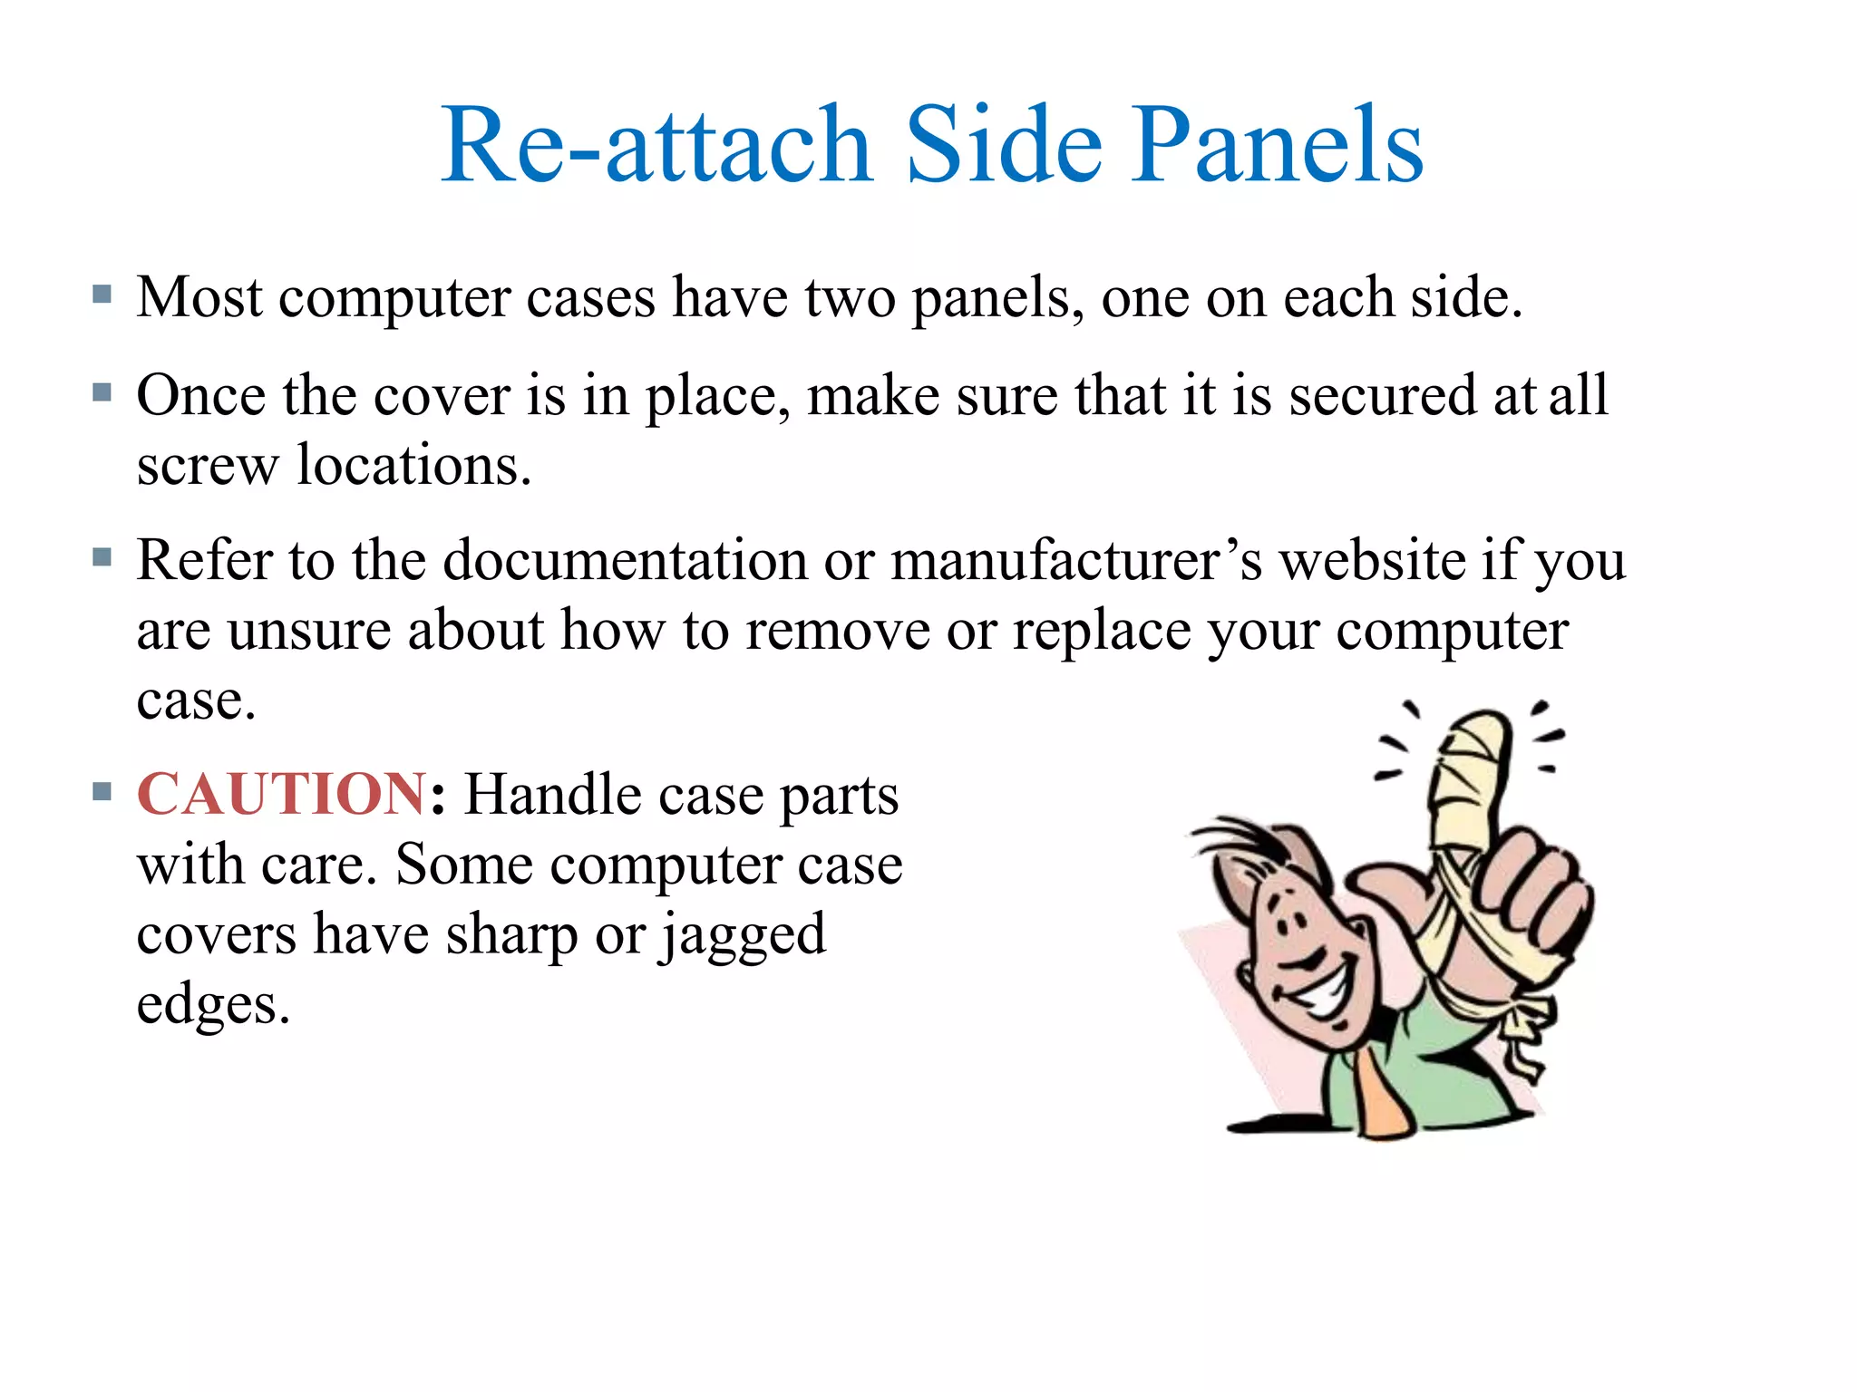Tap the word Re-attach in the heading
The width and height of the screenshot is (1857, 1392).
(656, 145)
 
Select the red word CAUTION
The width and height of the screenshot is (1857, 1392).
(281, 795)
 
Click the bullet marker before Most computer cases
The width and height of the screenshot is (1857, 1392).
(102, 295)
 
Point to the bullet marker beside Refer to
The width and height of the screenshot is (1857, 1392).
(102, 556)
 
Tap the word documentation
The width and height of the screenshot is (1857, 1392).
(625, 560)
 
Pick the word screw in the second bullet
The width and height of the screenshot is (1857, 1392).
(208, 466)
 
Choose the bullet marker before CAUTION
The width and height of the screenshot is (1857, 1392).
(102, 792)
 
